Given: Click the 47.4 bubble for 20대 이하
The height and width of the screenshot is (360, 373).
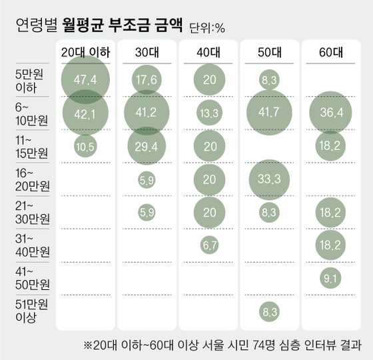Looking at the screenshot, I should click(x=86, y=80).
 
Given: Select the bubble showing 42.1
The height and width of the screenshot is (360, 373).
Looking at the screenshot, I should click(x=86, y=113).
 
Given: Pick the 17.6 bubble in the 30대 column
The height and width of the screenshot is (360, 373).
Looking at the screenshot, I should click(x=147, y=80).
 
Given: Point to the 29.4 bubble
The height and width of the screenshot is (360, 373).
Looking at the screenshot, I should click(x=147, y=147).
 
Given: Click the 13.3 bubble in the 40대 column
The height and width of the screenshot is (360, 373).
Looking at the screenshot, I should click(x=208, y=113).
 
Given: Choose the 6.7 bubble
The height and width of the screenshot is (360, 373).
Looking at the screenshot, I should click(x=208, y=245).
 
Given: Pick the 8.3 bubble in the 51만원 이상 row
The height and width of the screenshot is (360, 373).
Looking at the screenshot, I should click(x=269, y=311).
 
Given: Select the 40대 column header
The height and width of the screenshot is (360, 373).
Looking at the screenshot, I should click(x=208, y=52).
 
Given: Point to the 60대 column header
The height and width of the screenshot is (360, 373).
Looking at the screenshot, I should click(x=330, y=52).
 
